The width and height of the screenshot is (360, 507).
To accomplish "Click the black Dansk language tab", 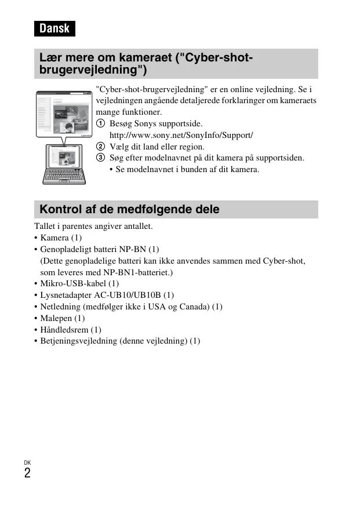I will click(x=54, y=28).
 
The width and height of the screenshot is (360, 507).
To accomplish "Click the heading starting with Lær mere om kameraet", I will click(x=146, y=64).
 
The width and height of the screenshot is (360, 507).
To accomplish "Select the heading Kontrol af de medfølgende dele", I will click(x=129, y=209).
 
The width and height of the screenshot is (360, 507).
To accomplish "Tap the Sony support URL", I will click(x=181, y=135).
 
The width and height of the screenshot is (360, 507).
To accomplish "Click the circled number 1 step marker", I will click(x=101, y=123).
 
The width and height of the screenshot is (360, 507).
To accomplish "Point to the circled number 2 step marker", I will click(x=101, y=147).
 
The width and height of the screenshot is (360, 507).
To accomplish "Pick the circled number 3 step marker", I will click(x=101, y=158).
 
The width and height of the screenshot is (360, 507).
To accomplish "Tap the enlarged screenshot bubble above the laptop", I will click(x=64, y=113).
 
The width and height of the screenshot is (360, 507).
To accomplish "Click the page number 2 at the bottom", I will click(x=27, y=473).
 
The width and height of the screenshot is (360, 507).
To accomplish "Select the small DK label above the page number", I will click(x=27, y=462).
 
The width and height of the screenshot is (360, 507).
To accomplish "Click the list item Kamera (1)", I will click(x=61, y=238).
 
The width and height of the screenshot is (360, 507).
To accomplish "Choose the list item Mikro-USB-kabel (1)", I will click(x=79, y=283).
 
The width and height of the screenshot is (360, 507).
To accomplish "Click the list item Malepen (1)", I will click(x=62, y=318).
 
